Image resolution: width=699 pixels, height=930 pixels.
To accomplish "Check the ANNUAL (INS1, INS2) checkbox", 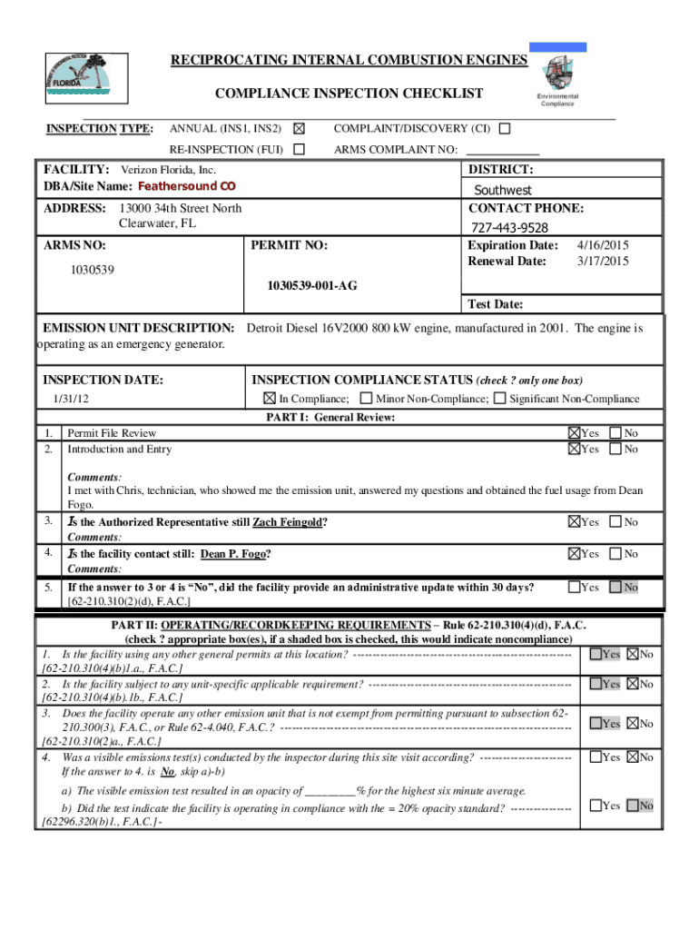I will click(x=300, y=129).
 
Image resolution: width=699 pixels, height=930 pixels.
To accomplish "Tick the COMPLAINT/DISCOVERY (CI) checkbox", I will click(x=505, y=129).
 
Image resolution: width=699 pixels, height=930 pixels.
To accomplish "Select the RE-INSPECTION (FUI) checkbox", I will click(x=299, y=149).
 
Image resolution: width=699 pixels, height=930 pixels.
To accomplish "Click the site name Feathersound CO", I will click(x=186, y=186).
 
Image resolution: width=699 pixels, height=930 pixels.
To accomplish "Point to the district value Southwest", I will click(x=503, y=190).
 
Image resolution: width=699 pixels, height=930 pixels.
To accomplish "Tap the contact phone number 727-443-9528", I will click(x=509, y=227).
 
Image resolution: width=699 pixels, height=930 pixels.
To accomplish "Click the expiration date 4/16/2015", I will click(x=604, y=245).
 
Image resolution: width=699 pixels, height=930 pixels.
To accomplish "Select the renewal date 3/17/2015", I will click(x=604, y=262).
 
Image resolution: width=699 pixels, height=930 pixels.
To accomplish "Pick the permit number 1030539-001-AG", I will click(x=312, y=285).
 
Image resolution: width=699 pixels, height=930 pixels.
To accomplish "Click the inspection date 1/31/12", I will click(x=71, y=399).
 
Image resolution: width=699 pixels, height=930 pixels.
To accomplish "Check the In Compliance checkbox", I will click(x=270, y=399).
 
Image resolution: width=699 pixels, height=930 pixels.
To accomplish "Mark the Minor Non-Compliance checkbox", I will click(x=366, y=399).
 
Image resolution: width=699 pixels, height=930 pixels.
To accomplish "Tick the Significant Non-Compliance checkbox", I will click(x=499, y=399).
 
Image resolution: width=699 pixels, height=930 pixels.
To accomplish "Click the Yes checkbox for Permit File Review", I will click(x=574, y=433).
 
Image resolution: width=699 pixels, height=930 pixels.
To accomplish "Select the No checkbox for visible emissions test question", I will click(x=633, y=757).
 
